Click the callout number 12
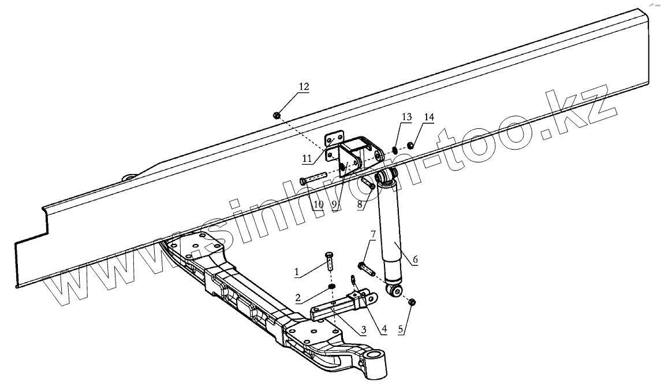tap(304, 87)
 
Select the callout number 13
tap(406, 117)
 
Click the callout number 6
tap(415, 260)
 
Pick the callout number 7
tap(374, 234)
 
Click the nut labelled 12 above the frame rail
tap(277, 116)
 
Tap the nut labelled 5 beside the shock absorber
tap(412, 302)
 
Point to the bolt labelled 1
tap(330, 261)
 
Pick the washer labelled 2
tap(331, 287)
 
